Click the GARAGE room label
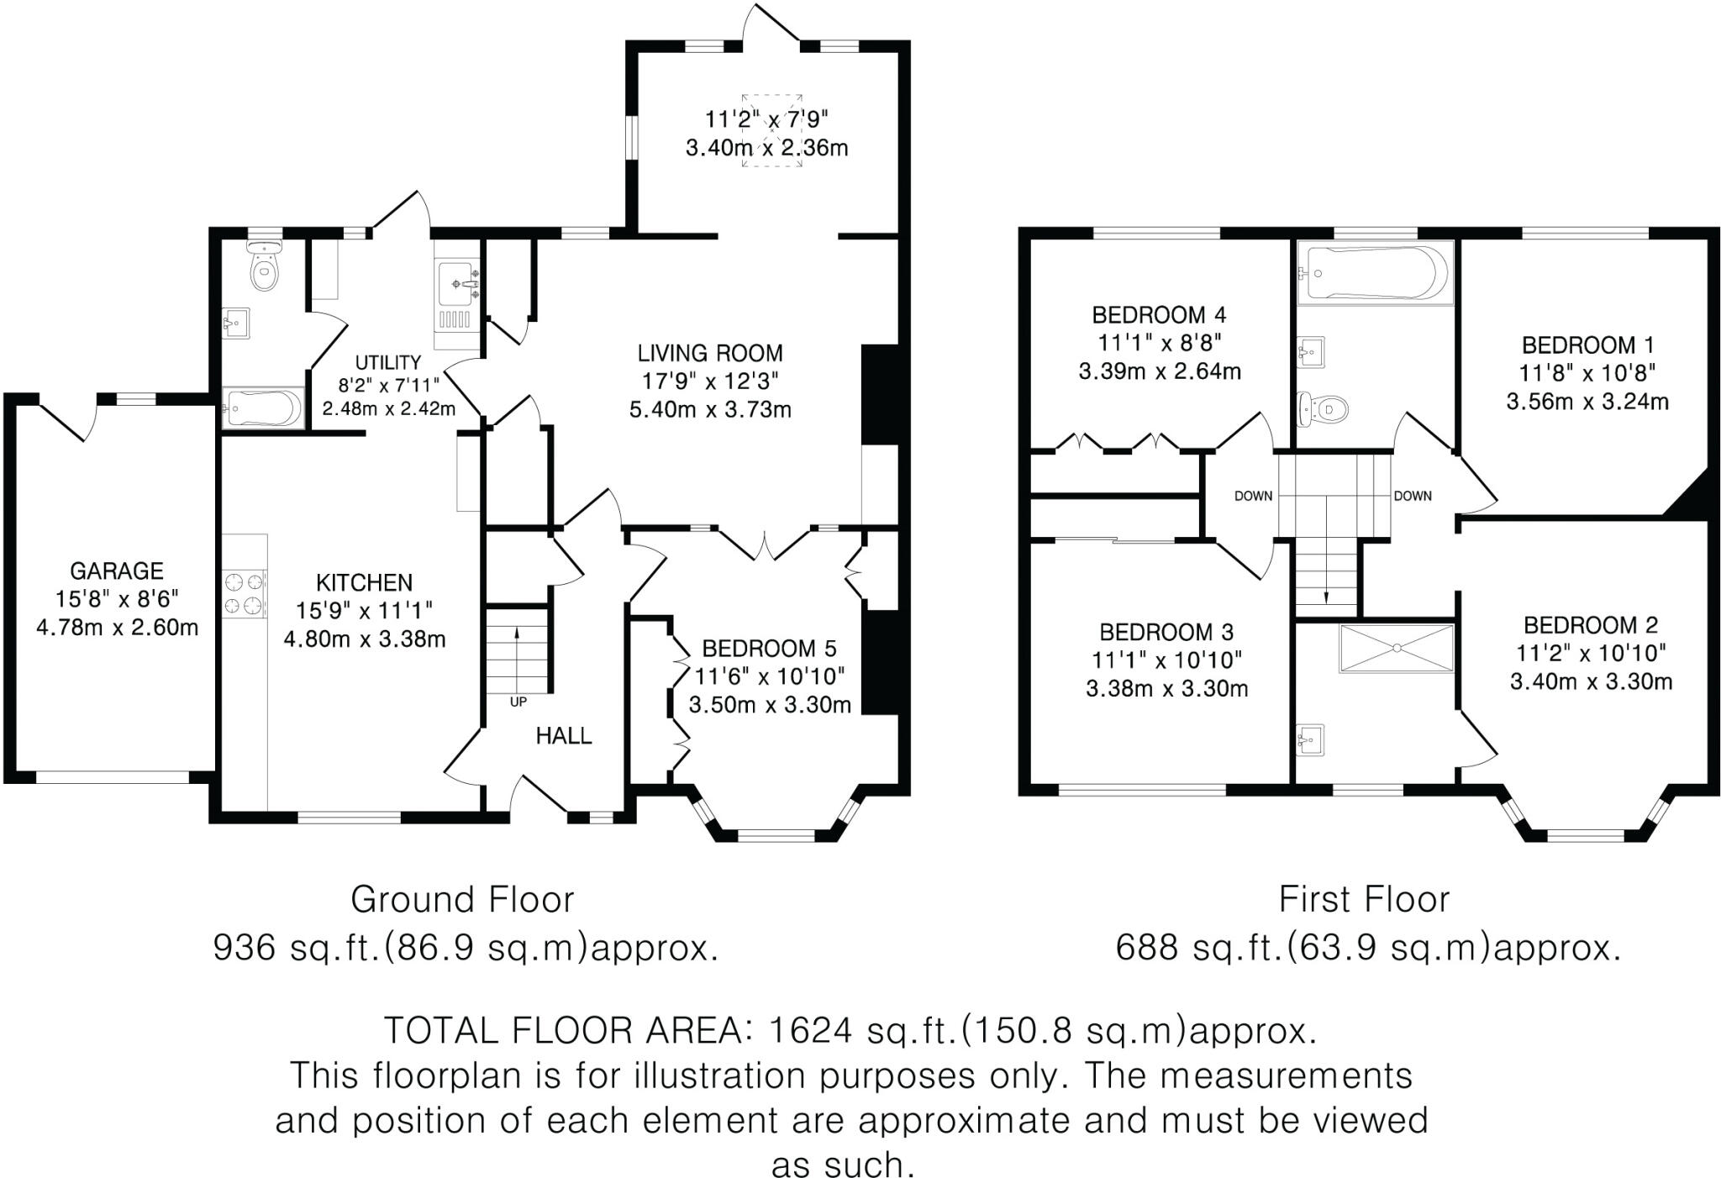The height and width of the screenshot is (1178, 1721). click(x=117, y=571)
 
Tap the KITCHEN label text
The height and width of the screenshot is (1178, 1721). click(x=364, y=583)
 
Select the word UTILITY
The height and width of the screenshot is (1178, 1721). click(x=387, y=363)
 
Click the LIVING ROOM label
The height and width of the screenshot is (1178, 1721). click(x=710, y=354)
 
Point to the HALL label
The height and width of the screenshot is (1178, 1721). click(x=564, y=736)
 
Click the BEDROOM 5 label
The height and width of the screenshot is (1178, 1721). click(x=769, y=649)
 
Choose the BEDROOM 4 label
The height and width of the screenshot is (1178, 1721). click(x=1159, y=315)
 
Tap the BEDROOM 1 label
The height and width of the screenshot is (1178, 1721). click(x=1587, y=345)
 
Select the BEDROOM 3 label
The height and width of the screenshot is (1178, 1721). click(x=1166, y=632)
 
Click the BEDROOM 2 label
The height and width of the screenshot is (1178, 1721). click(x=1591, y=625)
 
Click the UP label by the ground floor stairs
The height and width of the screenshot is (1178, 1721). click(x=518, y=702)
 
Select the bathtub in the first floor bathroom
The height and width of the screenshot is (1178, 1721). click(x=1374, y=273)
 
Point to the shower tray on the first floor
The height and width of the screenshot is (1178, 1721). click(x=1397, y=648)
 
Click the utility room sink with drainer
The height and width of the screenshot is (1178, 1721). click(x=457, y=304)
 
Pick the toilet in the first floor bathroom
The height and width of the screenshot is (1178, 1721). click(x=1324, y=409)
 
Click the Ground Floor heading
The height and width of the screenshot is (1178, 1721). click(x=462, y=900)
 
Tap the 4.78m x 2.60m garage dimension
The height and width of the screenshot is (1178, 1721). click(x=117, y=628)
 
